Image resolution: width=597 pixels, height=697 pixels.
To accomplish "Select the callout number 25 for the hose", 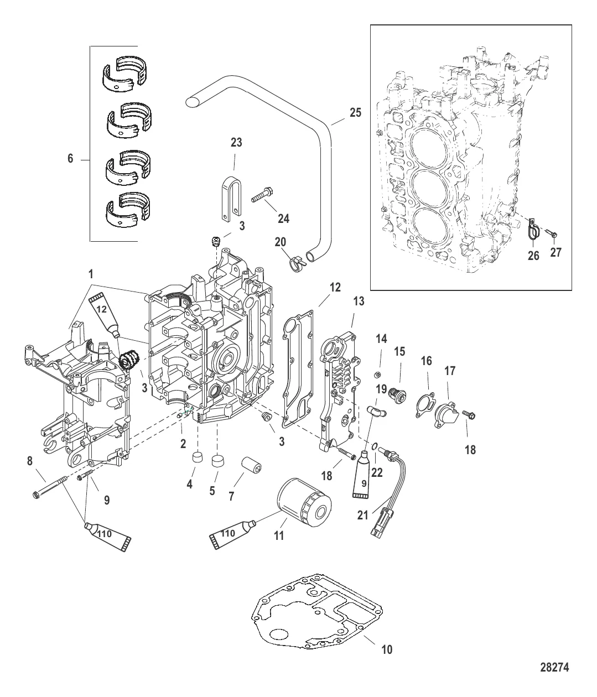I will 356,113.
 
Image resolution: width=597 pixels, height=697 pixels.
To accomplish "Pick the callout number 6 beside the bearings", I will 70,159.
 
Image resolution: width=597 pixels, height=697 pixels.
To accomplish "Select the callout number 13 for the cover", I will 359,301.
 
